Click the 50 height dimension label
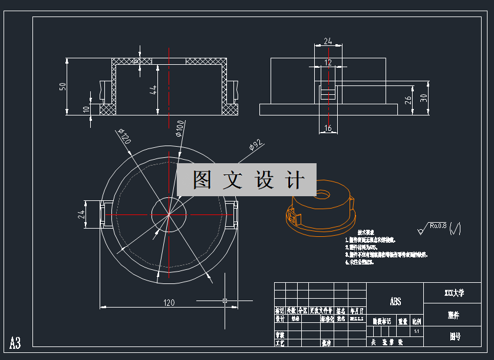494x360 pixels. tap(62, 87)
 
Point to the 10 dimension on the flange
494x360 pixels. tap(86, 109)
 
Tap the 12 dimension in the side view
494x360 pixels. tap(328, 62)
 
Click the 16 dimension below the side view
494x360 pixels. tap(328, 128)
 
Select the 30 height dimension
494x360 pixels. tap(423, 97)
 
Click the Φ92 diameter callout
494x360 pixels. tap(255, 144)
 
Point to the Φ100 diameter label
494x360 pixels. tap(179, 128)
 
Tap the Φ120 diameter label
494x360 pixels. tap(124, 137)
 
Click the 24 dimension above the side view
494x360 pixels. tap(328, 41)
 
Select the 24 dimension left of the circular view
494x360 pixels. tap(82, 214)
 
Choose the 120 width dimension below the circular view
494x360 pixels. tap(169, 303)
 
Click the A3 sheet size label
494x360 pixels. tap(15, 343)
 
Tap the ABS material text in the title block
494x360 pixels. tap(395, 302)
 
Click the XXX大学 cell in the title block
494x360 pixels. tap(454, 292)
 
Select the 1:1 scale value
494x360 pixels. tap(416, 332)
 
